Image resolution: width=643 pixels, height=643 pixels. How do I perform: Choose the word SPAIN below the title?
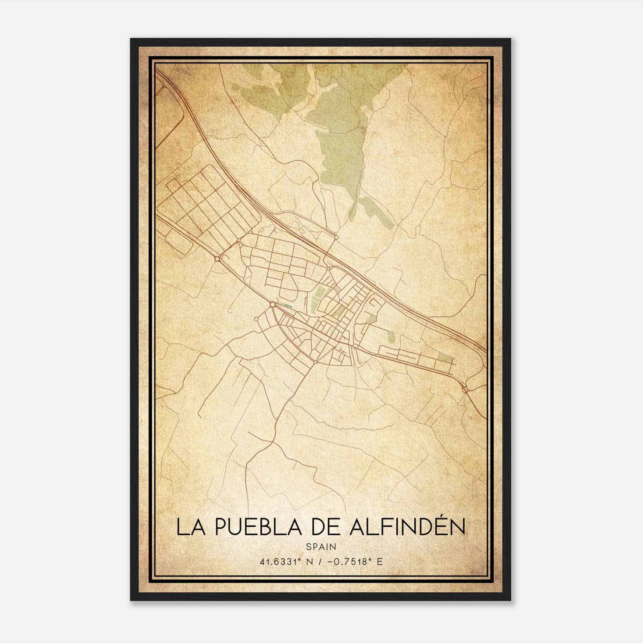[321, 547]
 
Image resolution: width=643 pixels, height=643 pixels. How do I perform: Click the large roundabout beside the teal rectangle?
[272, 305]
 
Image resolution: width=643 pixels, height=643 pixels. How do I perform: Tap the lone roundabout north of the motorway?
[336, 238]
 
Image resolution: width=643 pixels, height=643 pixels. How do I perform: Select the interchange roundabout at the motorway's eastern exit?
[465, 389]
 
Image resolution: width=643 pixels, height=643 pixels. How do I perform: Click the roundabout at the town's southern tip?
[316, 362]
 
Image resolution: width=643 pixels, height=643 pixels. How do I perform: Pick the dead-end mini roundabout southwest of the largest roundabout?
[256, 319]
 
